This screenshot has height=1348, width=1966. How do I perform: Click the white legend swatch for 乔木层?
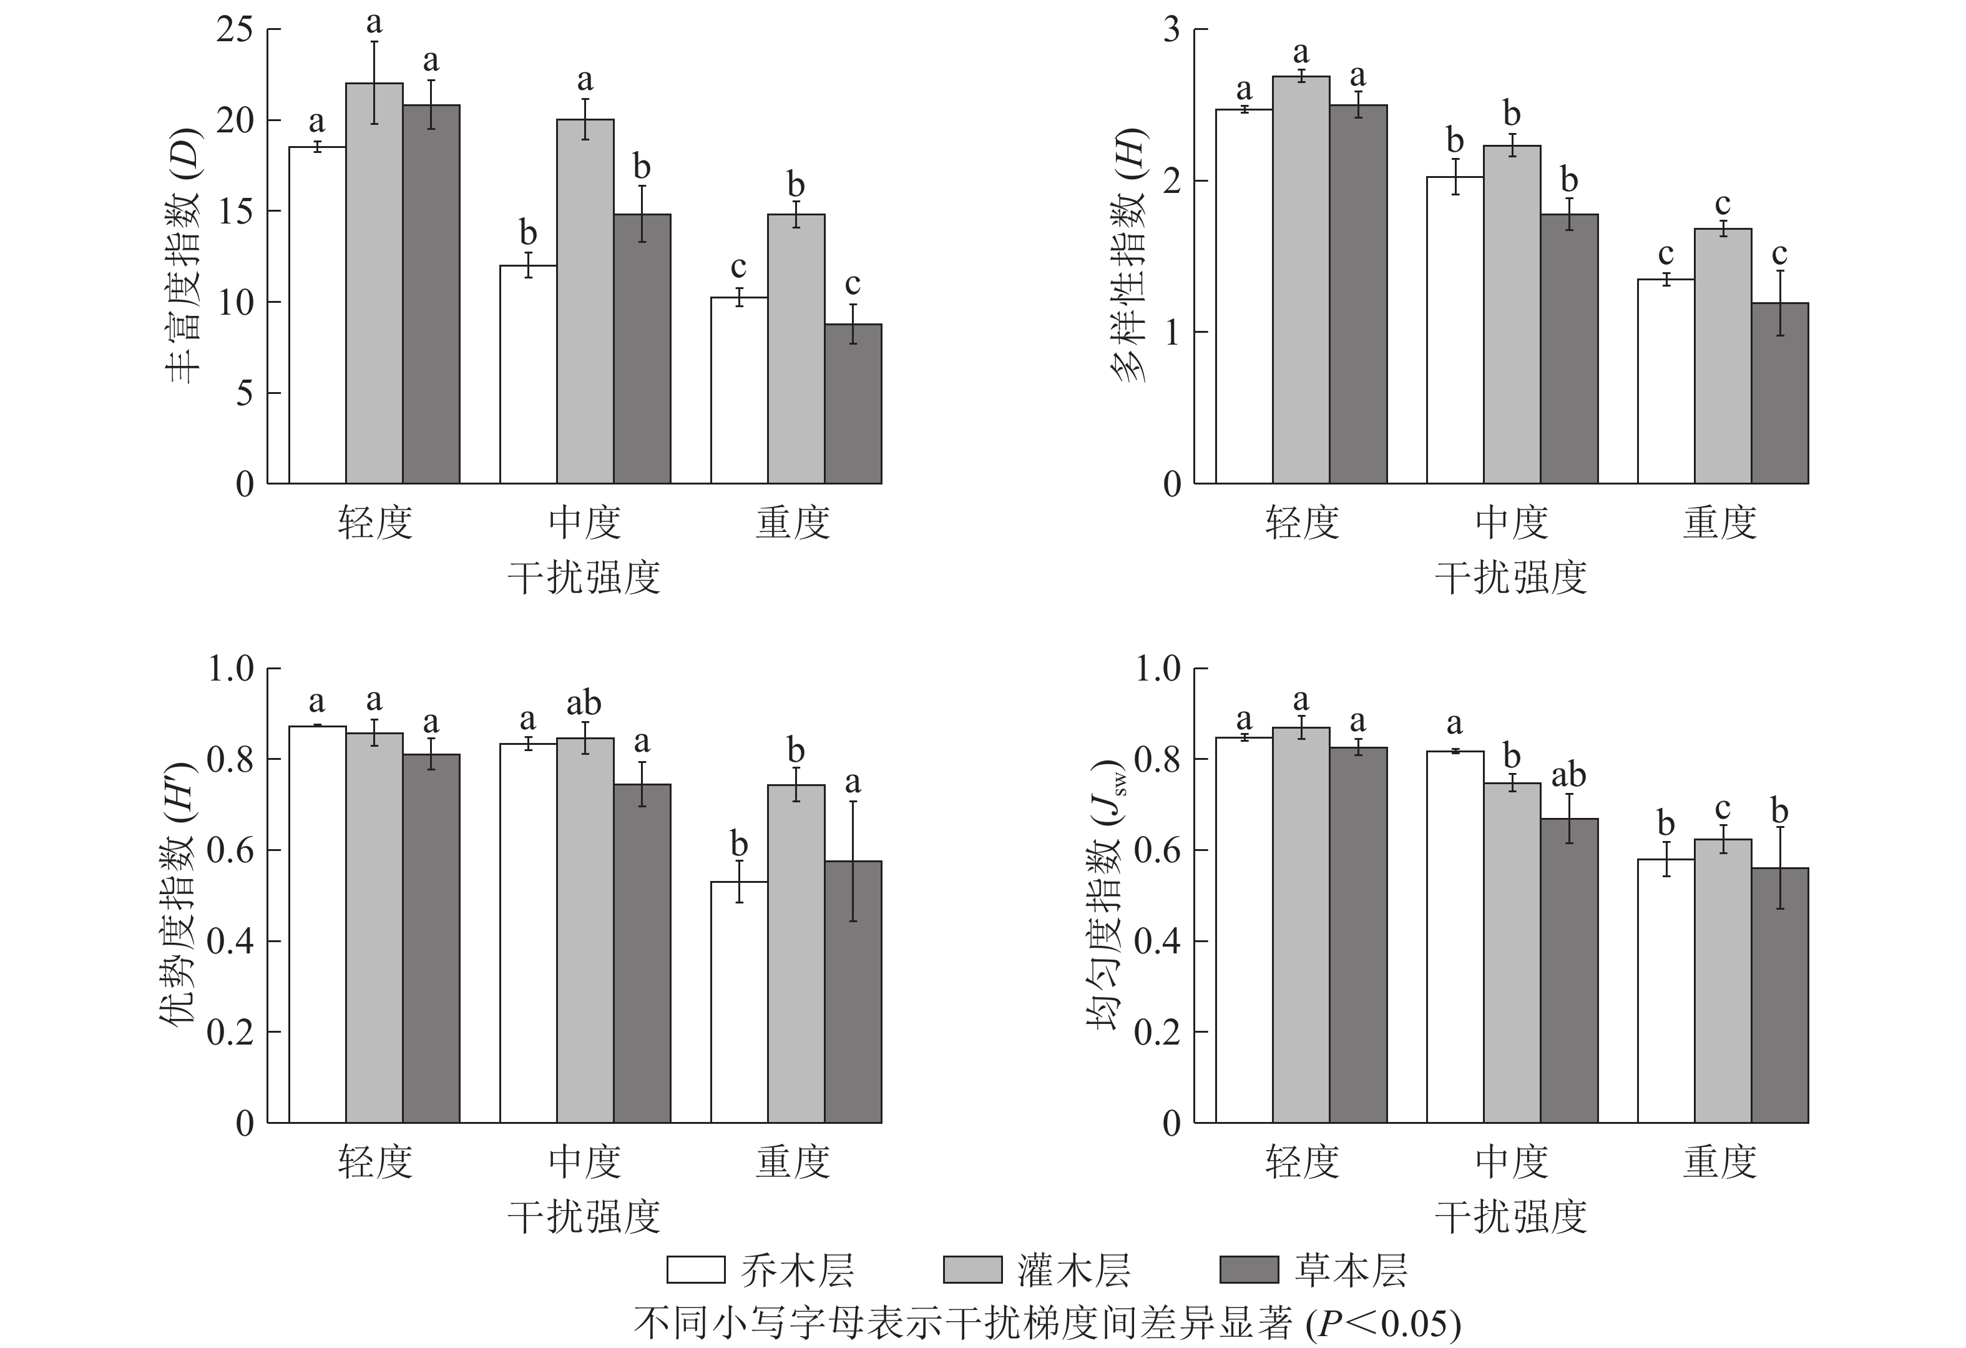pos(695,1269)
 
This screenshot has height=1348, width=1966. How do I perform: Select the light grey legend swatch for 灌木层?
pos(972,1269)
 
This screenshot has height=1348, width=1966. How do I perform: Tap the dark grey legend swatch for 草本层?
pos(1249,1269)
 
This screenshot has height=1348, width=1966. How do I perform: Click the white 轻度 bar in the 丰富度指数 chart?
pos(317,315)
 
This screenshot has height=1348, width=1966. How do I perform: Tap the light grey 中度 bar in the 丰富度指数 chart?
pos(585,301)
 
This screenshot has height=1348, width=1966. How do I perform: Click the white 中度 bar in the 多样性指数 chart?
pos(1455,330)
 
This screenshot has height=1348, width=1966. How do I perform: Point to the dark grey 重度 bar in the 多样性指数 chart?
pos(1780,393)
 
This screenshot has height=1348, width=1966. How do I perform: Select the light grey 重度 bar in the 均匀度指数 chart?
pos(1723,981)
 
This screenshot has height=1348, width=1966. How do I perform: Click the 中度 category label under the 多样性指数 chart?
pos(1512,523)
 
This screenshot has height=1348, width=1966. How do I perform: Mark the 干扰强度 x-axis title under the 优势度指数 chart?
pos(584,1217)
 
